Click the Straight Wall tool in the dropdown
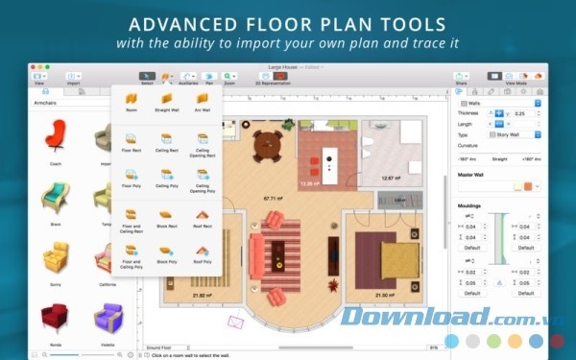pyautogui.click(x=166, y=99)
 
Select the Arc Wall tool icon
pyautogui.click(x=203, y=99)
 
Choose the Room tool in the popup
pyautogui.click(x=131, y=99)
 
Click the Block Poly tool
pyautogui.click(x=166, y=252)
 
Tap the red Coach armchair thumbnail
pyautogui.click(x=56, y=136)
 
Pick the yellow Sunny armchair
pyautogui.click(x=56, y=256)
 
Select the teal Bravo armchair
pyautogui.click(x=56, y=197)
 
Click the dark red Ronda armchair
pyautogui.click(x=56, y=317)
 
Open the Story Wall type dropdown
pyautogui.click(x=515, y=135)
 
